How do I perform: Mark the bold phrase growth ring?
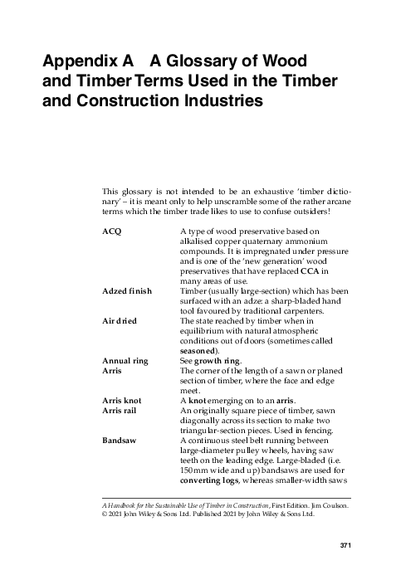(218, 361)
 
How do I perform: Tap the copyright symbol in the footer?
(104, 514)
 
